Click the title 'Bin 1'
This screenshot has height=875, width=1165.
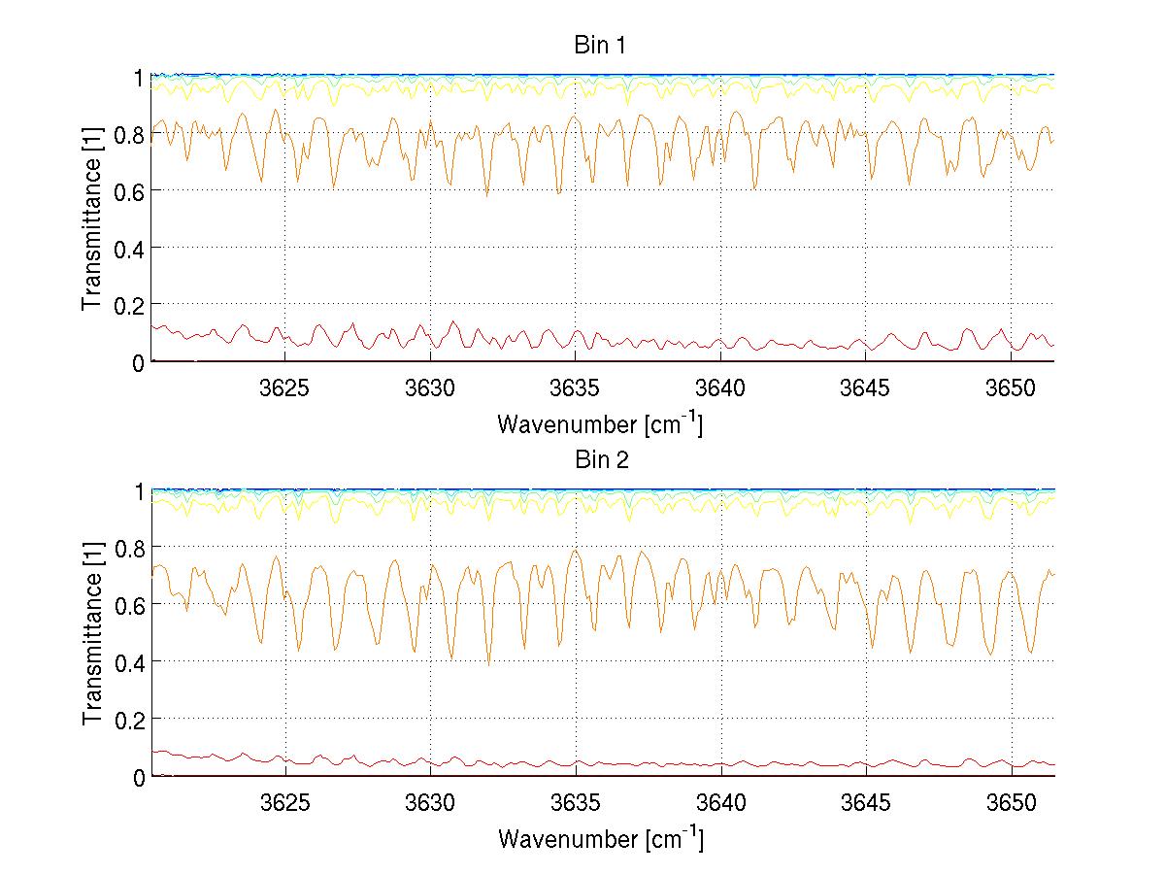point(602,46)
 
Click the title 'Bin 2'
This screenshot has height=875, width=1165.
point(602,460)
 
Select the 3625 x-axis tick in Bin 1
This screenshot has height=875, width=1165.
point(285,387)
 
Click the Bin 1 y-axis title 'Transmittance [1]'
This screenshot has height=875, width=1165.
point(92,219)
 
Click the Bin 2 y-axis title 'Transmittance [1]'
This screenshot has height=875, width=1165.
point(92,633)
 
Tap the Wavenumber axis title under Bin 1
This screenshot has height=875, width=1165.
point(600,424)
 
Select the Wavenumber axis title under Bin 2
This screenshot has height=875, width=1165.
point(600,839)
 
